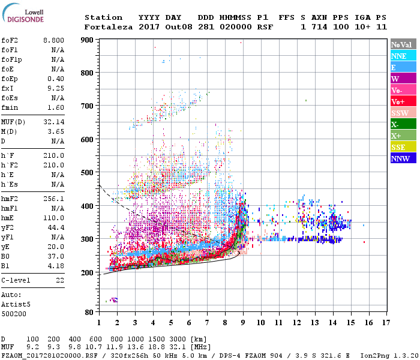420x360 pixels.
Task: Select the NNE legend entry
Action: pyautogui.click(x=403, y=56)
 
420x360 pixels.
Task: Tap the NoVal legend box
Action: pyautogui.click(x=403, y=44)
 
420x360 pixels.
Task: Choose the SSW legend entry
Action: pyautogui.click(x=403, y=113)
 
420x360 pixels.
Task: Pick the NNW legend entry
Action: pyautogui.click(x=403, y=158)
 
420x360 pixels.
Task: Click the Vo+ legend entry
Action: pyautogui.click(x=403, y=101)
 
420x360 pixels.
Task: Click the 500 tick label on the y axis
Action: pyautogui.click(x=88, y=173)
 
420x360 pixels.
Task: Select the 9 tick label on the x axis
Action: pyautogui.click(x=243, y=323)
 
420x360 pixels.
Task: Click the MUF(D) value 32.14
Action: pyautogui.click(x=53, y=121)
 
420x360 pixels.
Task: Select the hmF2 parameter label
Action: pyautogui.click(x=11, y=198)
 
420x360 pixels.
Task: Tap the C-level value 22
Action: pyautogui.click(x=59, y=280)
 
